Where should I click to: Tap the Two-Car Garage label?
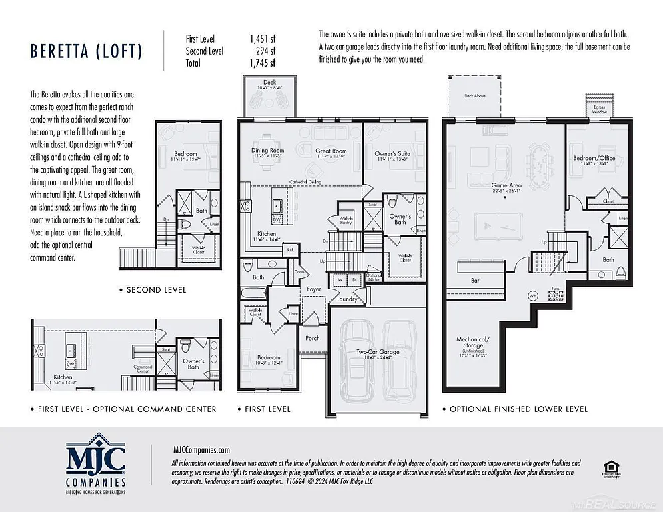378,351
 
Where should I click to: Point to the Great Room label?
331,151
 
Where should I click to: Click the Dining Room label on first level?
267,151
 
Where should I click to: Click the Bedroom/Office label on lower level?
594,158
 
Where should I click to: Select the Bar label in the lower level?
475,281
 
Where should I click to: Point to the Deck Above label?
474,96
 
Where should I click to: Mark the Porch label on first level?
312,337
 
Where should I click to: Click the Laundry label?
347,299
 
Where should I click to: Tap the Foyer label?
313,289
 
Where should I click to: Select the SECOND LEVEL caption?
156,290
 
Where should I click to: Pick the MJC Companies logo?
95,462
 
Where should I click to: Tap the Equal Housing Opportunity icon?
608,468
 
